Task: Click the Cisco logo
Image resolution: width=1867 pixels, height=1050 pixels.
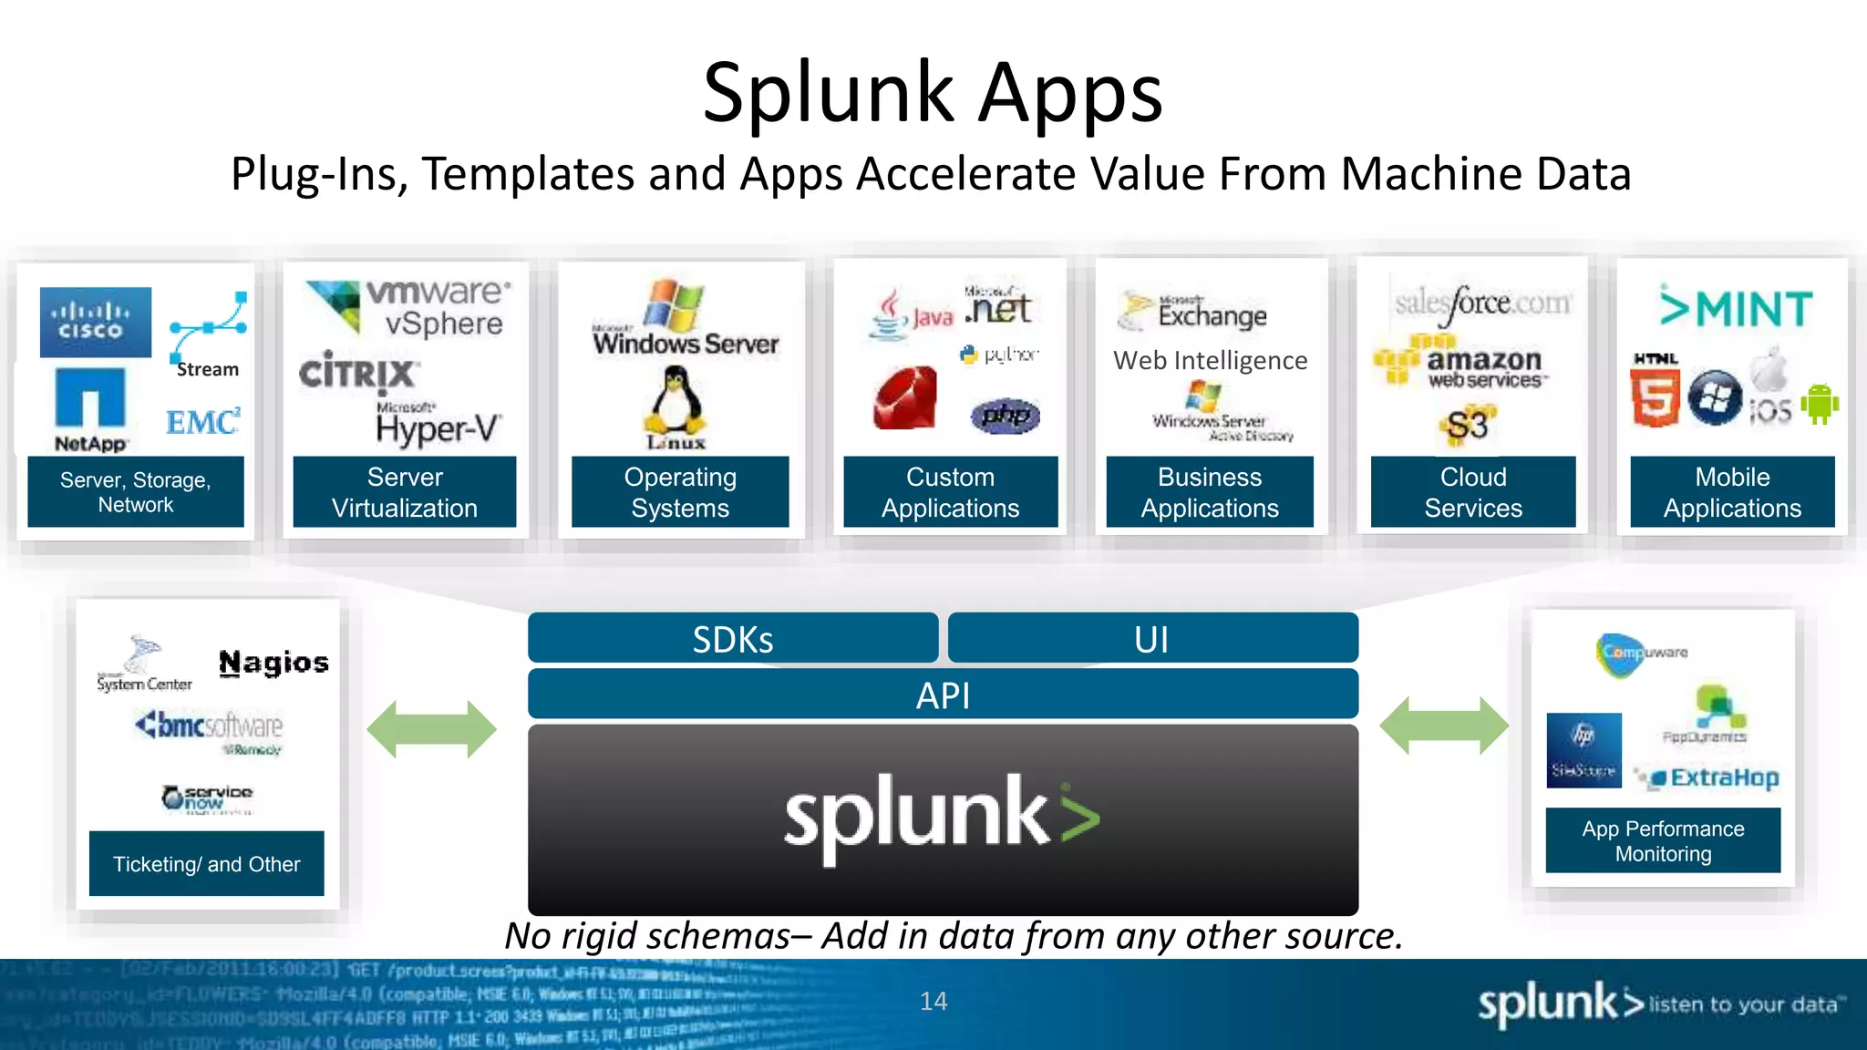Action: pyautogui.click(x=95, y=322)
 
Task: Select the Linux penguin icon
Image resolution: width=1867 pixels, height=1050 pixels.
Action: pyautogui.click(x=676, y=403)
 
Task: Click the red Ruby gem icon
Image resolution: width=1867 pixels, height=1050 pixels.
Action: pyautogui.click(x=905, y=398)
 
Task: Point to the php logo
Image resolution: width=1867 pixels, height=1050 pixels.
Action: pyautogui.click(x=1006, y=416)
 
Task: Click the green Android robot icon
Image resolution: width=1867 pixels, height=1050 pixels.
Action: pyautogui.click(x=1819, y=404)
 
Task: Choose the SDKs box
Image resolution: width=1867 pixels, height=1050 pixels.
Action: pyautogui.click(x=732, y=638)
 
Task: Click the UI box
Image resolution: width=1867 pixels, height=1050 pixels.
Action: pyautogui.click(x=1152, y=638)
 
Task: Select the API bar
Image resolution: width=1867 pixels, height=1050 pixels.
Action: pyautogui.click(x=943, y=695)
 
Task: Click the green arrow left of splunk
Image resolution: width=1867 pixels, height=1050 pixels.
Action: pyautogui.click(x=431, y=729)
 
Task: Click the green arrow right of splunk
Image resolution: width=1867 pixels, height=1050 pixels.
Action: pyautogui.click(x=1444, y=726)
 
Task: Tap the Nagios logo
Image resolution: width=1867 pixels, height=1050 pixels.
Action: pyautogui.click(x=273, y=663)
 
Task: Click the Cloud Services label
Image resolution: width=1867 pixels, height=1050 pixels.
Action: pyautogui.click(x=1472, y=492)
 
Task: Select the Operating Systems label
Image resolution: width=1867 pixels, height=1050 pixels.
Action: pyautogui.click(x=680, y=492)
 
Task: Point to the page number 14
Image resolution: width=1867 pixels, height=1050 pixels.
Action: pyautogui.click(x=933, y=1001)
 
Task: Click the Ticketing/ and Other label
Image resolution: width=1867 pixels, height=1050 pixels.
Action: pyautogui.click(x=206, y=863)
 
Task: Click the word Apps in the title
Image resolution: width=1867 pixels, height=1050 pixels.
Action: pyautogui.click(x=1070, y=95)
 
